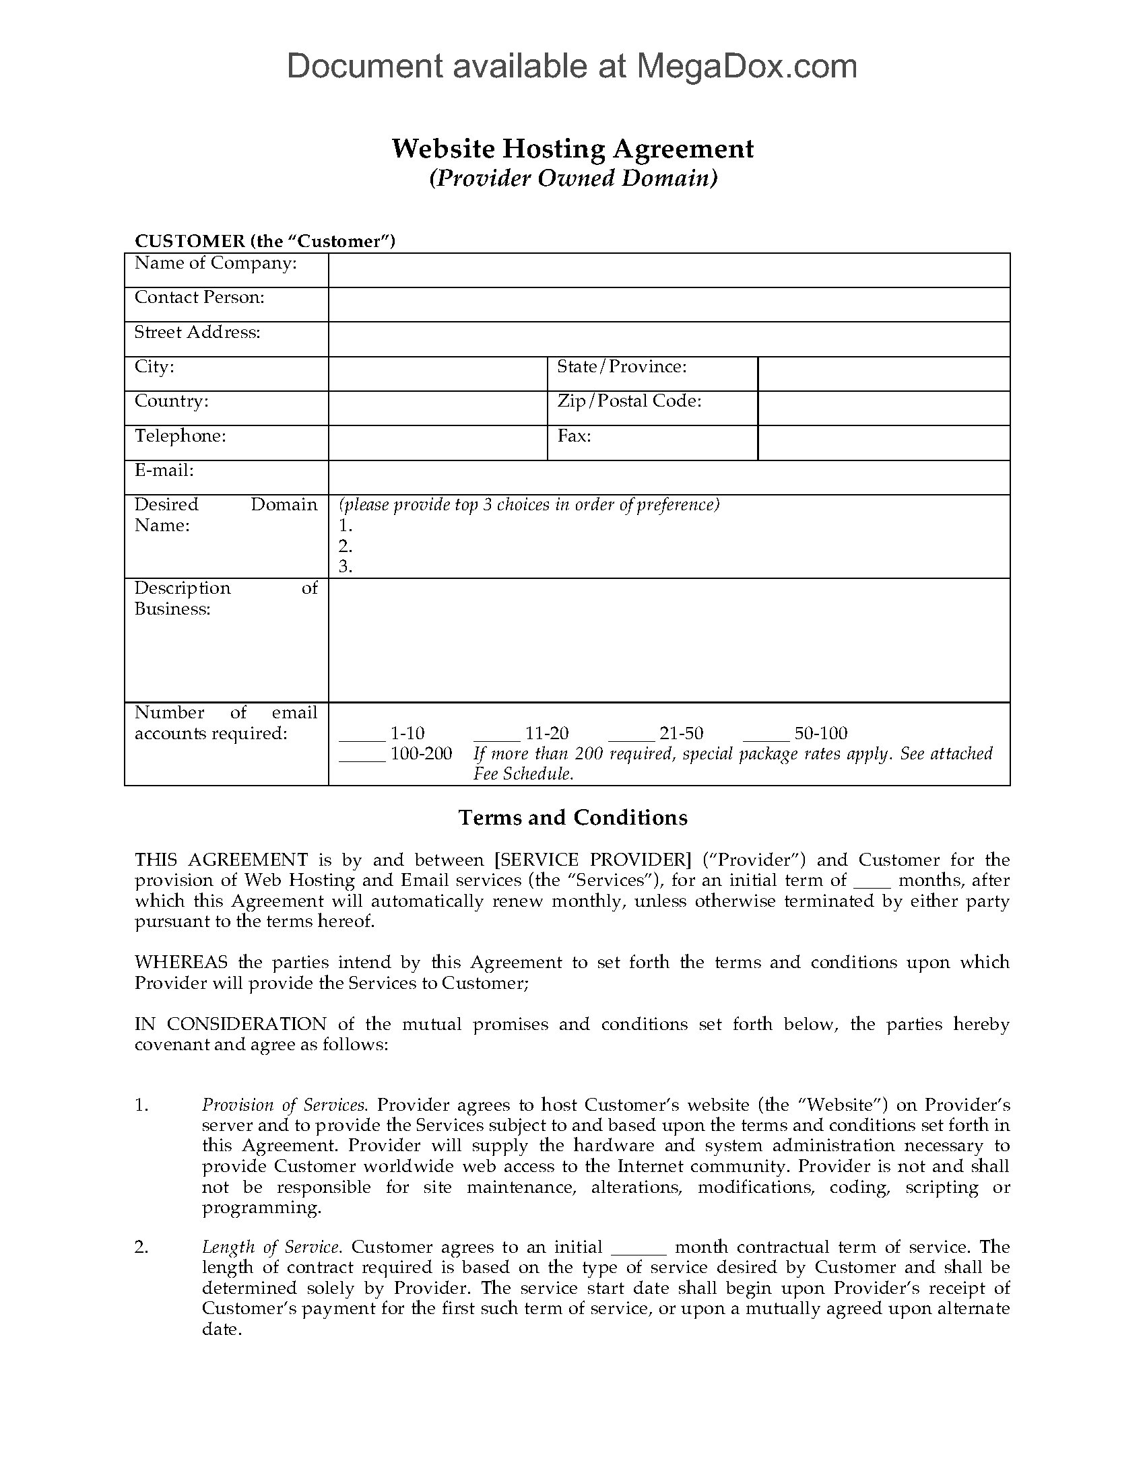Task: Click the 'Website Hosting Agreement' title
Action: [572, 149]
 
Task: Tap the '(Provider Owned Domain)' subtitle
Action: [572, 178]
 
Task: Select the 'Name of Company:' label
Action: [216, 263]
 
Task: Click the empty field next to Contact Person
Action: [669, 304]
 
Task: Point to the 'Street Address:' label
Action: [197, 333]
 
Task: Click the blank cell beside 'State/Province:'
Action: [883, 374]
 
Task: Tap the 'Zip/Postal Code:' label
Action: [629, 401]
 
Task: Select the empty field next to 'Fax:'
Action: [883, 443]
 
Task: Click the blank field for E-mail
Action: [669, 477]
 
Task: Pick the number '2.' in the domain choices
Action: [346, 546]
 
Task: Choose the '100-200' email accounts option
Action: [420, 754]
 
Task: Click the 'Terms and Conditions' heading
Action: [572, 817]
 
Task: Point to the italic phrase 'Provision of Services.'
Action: [284, 1105]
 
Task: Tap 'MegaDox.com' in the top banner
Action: [746, 66]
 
